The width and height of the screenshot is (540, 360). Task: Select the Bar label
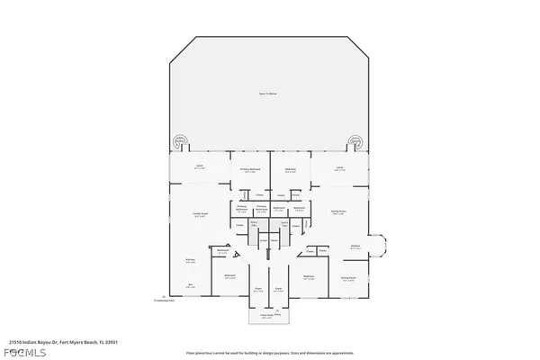(190, 284)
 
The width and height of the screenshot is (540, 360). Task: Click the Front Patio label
(267, 316)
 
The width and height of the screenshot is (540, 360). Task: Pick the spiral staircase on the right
(355, 142)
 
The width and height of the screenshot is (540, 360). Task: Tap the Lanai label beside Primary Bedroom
(199, 167)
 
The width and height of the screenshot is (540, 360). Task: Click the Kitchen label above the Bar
(191, 260)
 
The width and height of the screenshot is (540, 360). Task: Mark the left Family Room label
(200, 214)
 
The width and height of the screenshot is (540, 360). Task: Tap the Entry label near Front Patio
(277, 315)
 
